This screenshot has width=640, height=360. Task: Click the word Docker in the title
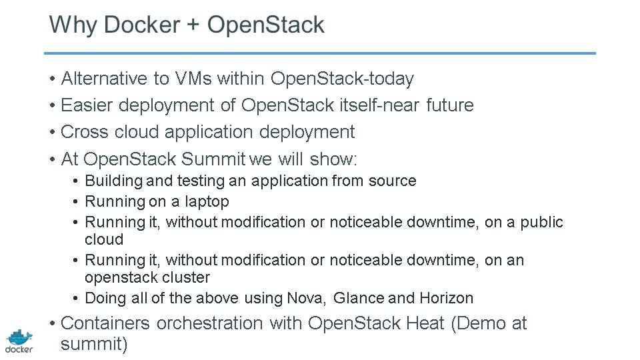(141, 25)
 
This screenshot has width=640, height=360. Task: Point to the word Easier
(87, 105)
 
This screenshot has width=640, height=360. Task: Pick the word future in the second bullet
(450, 105)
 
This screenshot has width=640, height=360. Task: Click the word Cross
(85, 132)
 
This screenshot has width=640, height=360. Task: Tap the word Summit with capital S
(213, 159)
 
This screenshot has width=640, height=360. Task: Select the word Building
(114, 181)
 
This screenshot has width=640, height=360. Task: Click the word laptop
(207, 201)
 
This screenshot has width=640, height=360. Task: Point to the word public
(541, 223)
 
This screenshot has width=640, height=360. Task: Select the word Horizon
(447, 298)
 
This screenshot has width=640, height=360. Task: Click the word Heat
(425, 323)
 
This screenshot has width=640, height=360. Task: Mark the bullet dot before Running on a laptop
(75, 201)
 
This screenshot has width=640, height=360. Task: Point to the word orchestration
(209, 323)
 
